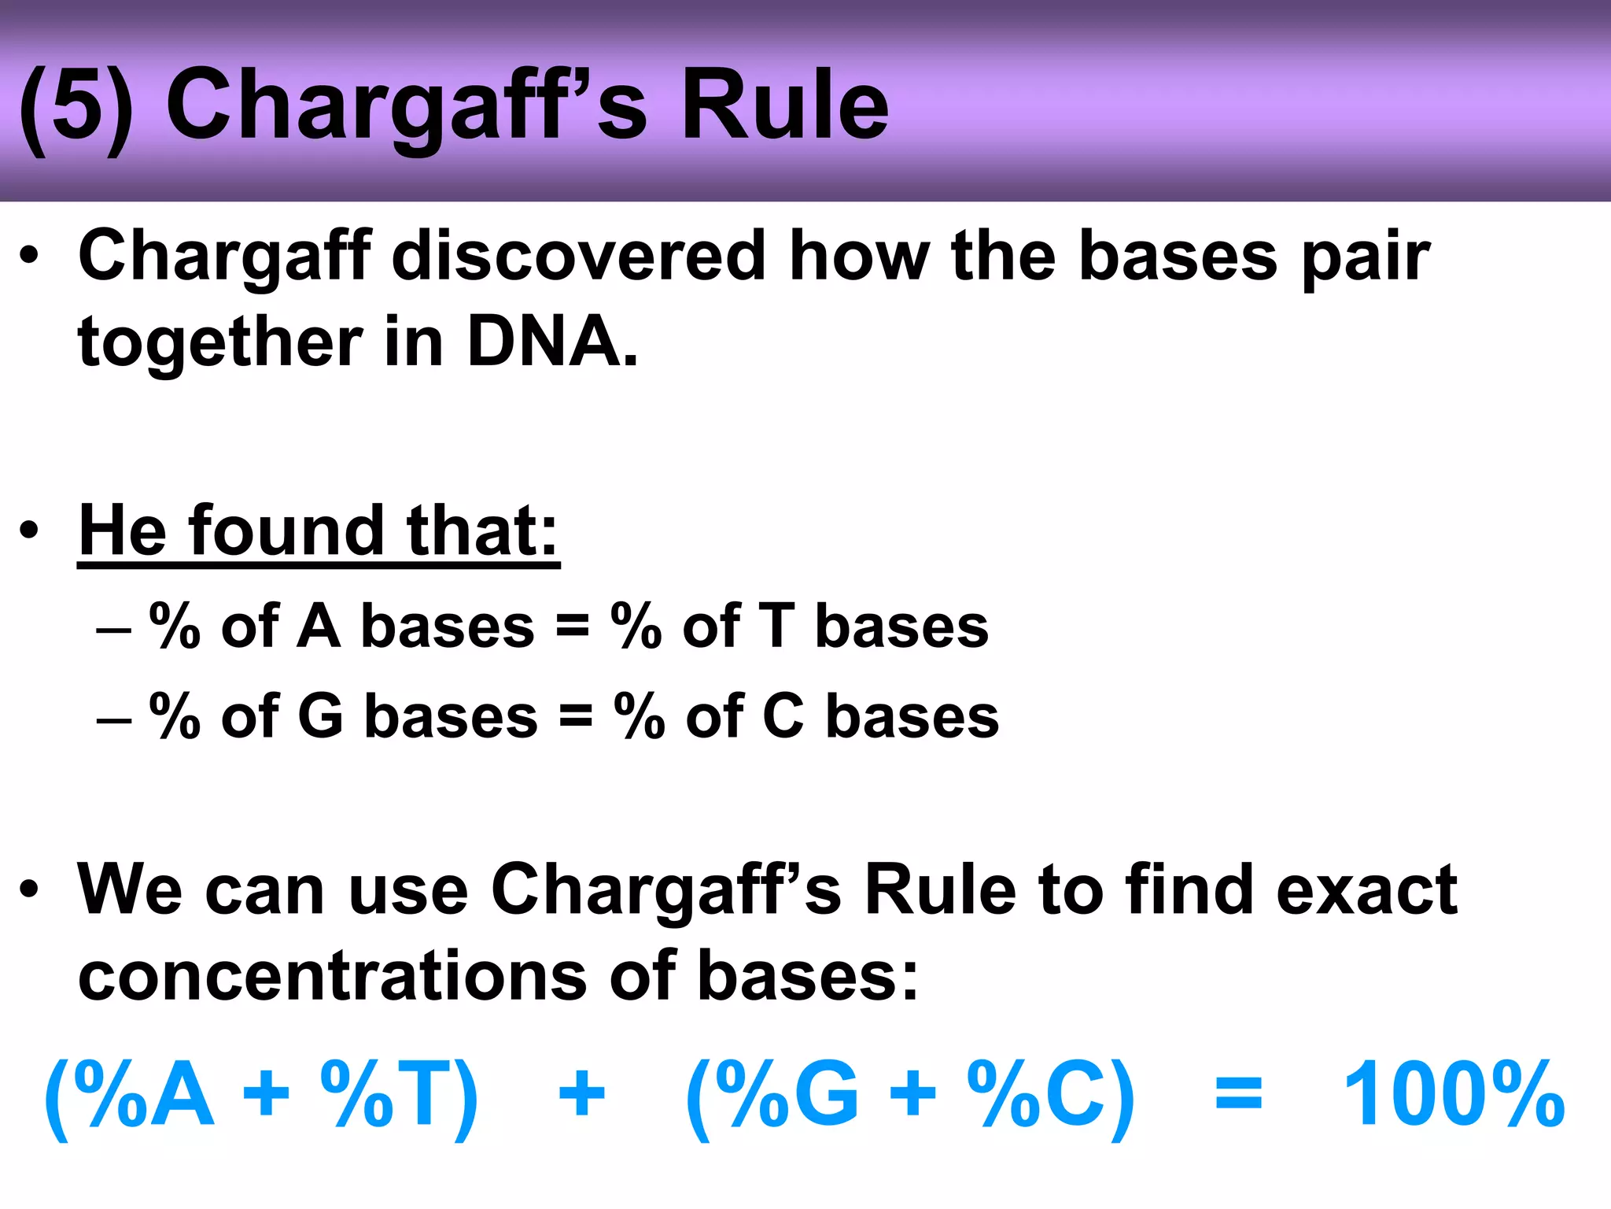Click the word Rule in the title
tap(783, 105)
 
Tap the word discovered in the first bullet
tap(578, 256)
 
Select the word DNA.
tap(551, 342)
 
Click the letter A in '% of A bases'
tap(319, 627)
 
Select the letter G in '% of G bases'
tap(320, 716)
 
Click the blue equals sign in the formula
tap(1238, 1094)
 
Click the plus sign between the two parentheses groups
tap(581, 1094)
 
